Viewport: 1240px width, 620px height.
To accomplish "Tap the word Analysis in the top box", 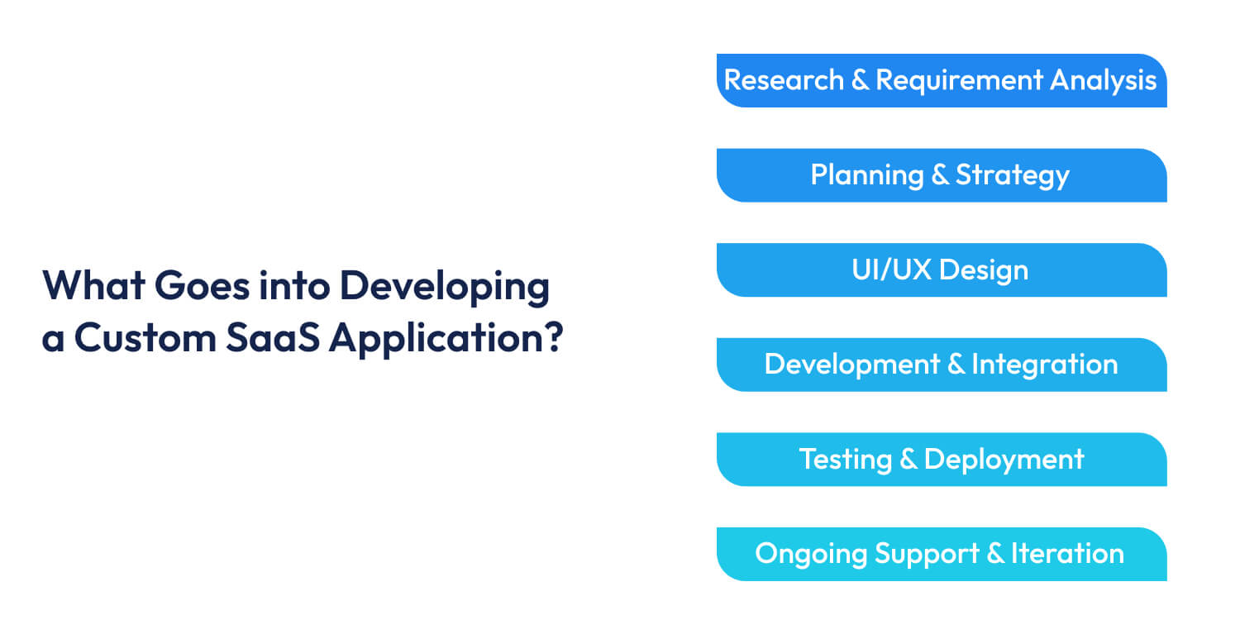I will pos(1104,80).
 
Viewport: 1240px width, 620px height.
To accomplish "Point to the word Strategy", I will pos(1013,175).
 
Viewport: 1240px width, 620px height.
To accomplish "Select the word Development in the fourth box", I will pos(851,365).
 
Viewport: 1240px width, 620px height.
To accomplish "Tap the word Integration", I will pos(1045,365).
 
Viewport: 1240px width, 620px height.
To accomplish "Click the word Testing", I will pos(844,460).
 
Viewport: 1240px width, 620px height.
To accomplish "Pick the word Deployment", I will pos(1004,460).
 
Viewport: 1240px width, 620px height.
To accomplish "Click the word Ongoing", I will pos(810,554).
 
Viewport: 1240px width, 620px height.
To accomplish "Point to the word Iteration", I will pos(1067,554).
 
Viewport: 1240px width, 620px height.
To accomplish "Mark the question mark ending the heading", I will pos(552,338).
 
